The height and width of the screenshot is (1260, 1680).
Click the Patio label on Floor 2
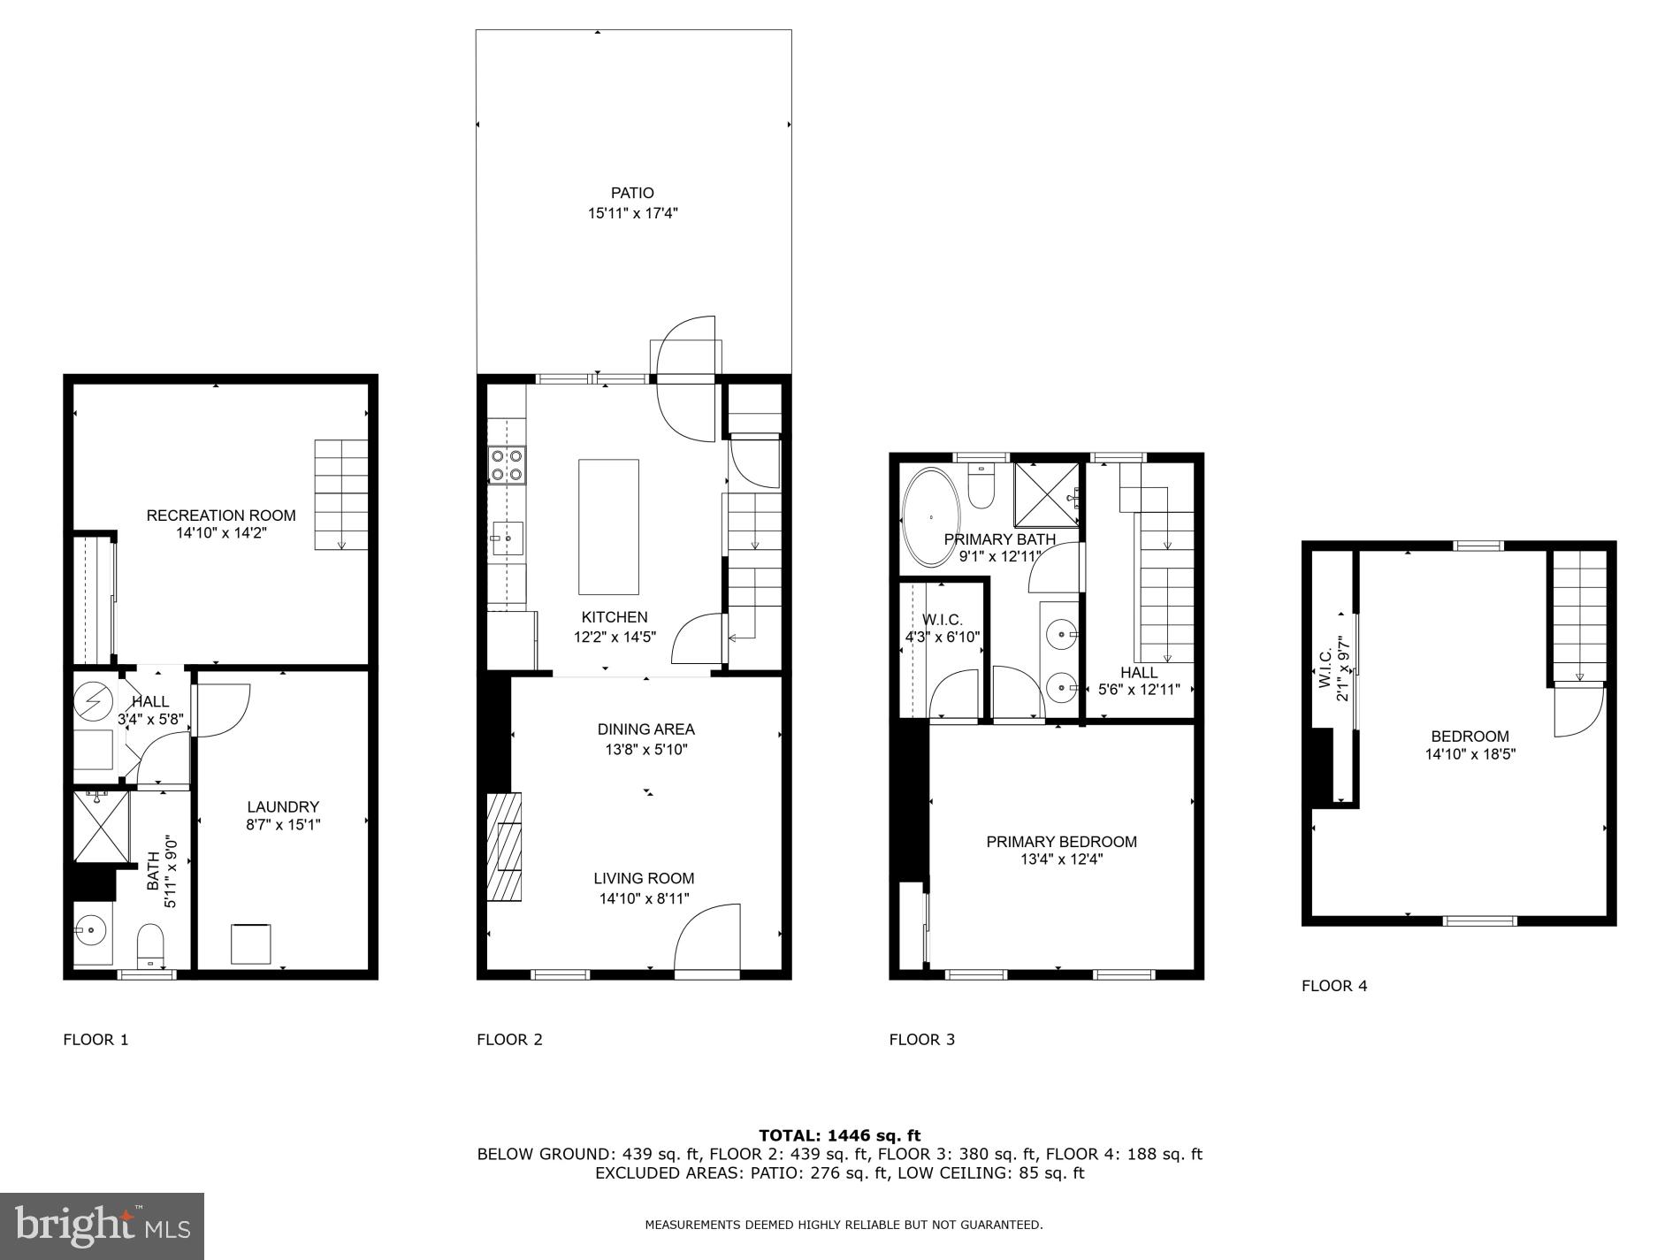point(632,193)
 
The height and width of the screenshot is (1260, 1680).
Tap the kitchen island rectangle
point(608,526)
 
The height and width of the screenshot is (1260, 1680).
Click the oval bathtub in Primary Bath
point(930,517)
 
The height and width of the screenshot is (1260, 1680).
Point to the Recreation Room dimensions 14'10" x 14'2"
point(221,533)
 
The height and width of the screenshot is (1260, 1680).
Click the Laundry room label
point(282,806)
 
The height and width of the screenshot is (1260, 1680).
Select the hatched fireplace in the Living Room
point(505,846)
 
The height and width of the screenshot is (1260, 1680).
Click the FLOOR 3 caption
point(921,1040)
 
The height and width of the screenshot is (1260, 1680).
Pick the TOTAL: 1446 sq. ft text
point(839,1135)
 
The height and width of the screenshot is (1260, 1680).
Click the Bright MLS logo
point(103,1226)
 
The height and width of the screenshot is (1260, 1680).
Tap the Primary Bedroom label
point(1061,842)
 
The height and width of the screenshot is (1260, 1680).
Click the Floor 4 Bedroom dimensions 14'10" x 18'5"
point(1470,754)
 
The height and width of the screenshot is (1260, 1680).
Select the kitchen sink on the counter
point(508,538)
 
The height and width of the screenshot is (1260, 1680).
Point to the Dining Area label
point(645,729)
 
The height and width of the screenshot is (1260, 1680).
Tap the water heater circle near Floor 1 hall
point(92,700)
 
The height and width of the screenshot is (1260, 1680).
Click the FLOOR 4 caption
point(1333,986)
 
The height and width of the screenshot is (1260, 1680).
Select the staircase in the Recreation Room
point(341,495)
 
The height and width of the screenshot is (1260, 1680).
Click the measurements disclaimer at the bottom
point(844,1225)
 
